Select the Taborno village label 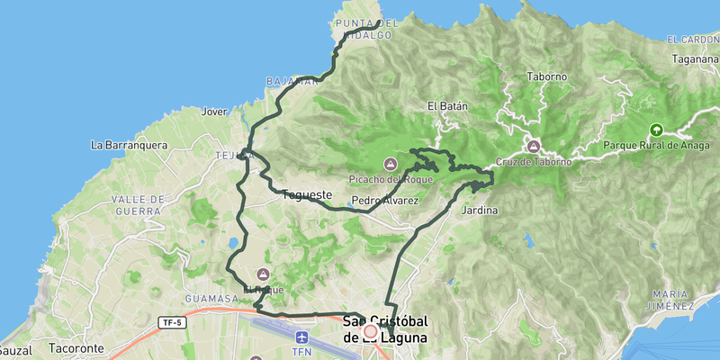coord(547,76)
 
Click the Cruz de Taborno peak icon coord(534,146)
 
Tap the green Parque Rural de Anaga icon coord(655,130)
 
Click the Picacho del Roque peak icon coord(391,164)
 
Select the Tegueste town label coord(307,193)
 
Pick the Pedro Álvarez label coord(385,200)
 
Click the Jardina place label coord(479,211)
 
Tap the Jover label coord(215,112)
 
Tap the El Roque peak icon coord(263,274)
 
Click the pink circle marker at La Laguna coord(370,332)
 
